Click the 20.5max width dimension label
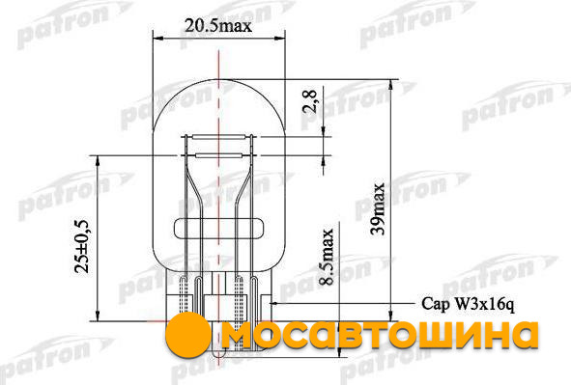pyautogui.click(x=217, y=25)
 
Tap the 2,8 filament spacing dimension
pyautogui.click(x=309, y=101)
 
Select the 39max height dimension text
pyautogui.click(x=377, y=208)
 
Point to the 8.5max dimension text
pyautogui.click(x=326, y=257)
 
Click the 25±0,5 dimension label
pyautogui.click(x=81, y=246)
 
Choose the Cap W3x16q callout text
pyautogui.click(x=468, y=304)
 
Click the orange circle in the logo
pyautogui.click(x=188, y=334)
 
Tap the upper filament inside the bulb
pyautogui.click(x=219, y=137)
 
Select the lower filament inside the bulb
pyautogui.click(x=219, y=155)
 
